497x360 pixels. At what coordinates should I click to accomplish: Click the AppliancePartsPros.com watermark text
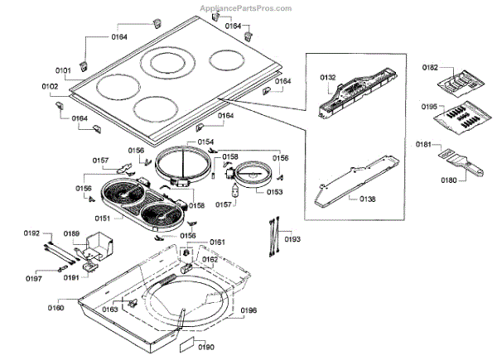coord(246,7)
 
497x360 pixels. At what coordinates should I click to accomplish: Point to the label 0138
coord(366,199)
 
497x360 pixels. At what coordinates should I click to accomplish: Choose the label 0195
coord(427,107)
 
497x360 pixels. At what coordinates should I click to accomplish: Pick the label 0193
coord(292,239)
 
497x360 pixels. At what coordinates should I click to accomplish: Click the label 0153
coord(274,191)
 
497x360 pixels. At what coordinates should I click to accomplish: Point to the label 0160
coord(56,309)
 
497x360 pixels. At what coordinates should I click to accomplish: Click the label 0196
coord(248,311)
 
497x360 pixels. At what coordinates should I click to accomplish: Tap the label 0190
coord(206,347)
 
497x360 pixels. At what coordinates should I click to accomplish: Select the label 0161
coord(217,242)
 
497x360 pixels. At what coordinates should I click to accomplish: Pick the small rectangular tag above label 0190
coord(187,343)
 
